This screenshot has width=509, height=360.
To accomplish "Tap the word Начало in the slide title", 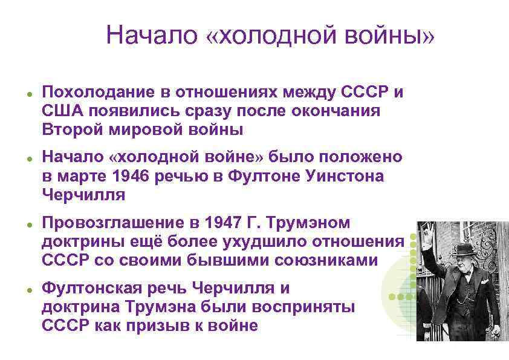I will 151,36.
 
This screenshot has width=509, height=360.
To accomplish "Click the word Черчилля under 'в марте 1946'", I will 84,195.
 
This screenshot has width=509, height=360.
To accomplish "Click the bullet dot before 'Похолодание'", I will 28,93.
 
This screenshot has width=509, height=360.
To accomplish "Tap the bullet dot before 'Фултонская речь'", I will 28,289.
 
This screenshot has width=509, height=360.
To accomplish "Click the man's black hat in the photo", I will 464,250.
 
